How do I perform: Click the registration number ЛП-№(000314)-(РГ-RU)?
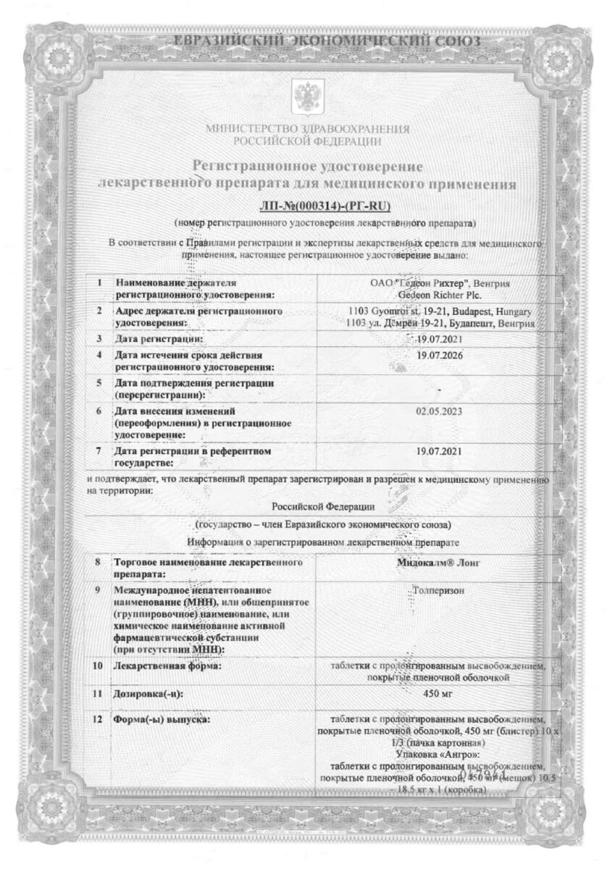(x=307, y=204)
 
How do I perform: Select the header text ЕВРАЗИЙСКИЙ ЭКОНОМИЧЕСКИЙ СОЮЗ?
(x=307, y=41)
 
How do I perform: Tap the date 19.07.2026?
(x=440, y=356)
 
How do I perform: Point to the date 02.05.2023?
(x=440, y=411)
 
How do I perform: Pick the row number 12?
(x=98, y=721)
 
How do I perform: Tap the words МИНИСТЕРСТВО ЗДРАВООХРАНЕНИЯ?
(x=307, y=129)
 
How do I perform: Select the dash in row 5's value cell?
(x=440, y=390)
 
